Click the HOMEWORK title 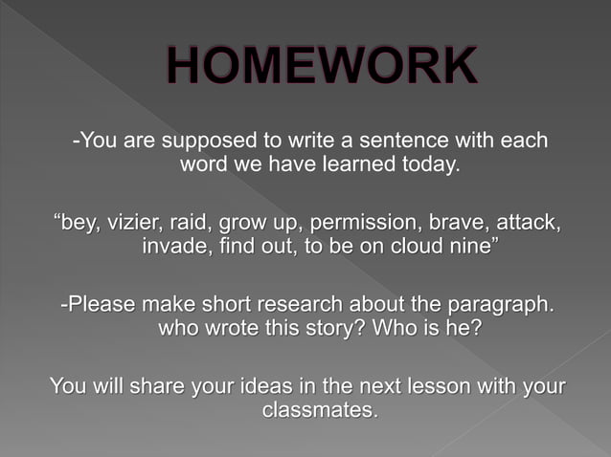click(x=321, y=67)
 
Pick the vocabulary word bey click(x=79, y=224)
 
